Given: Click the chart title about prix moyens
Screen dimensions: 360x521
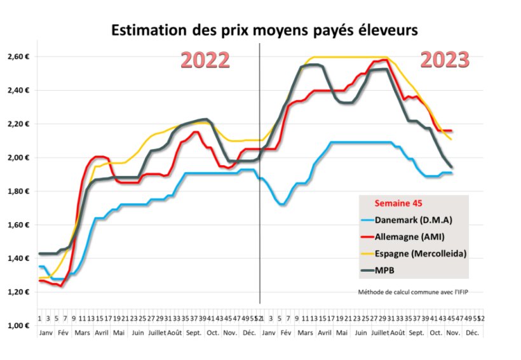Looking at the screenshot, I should coord(265,30).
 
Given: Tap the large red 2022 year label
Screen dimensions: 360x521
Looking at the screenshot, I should coord(205,60).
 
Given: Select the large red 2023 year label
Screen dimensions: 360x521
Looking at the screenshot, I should coord(445,60).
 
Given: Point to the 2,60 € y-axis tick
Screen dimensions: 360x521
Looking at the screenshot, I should coord(18,57).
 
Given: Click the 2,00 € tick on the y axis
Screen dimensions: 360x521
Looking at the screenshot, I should coord(18,157).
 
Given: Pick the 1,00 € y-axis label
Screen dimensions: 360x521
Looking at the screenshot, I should coord(18,325).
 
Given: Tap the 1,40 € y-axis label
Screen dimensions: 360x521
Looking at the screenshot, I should coord(18,258).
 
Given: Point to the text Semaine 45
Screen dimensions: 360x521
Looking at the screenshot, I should coord(398,204).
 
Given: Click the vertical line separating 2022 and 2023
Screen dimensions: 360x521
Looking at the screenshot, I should coord(260,190).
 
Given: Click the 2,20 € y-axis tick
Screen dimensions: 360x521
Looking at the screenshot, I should coord(18,124).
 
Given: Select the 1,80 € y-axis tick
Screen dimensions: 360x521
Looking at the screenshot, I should coord(18,191).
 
